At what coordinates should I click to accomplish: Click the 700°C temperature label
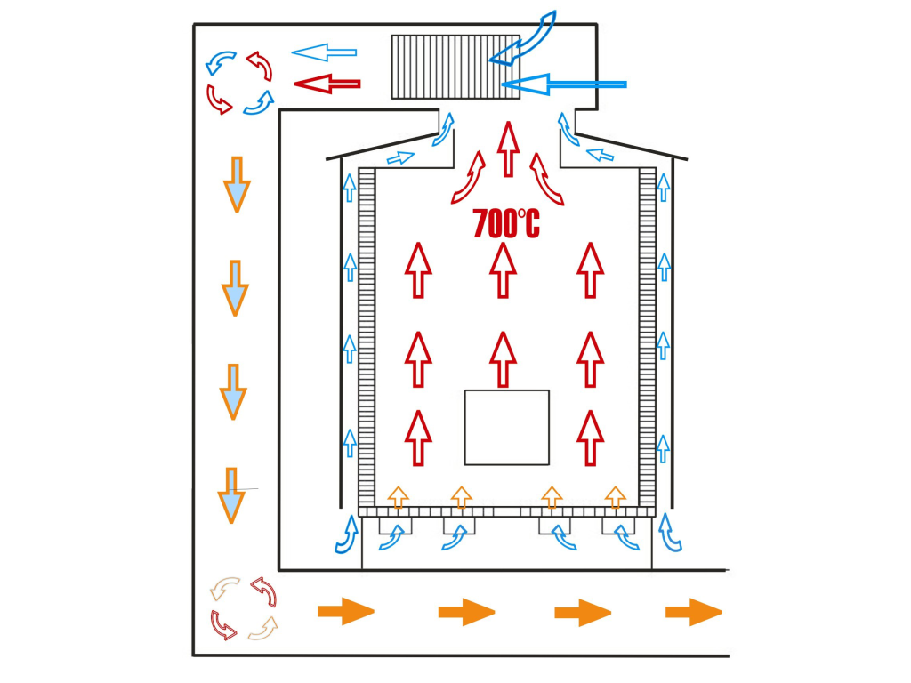pos(505,223)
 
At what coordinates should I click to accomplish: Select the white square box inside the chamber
pos(506,427)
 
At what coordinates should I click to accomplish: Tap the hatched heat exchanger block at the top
pos(454,66)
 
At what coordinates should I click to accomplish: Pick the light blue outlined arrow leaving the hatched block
pos(324,52)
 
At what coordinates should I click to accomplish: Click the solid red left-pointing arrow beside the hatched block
pos(327,84)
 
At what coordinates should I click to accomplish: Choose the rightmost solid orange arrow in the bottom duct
pos(693,612)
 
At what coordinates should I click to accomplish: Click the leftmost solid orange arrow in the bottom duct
pos(345,612)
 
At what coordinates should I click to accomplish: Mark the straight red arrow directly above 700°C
pos(508,149)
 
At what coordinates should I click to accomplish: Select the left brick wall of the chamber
pos(366,338)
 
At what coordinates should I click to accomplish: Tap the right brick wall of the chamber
pos(647,338)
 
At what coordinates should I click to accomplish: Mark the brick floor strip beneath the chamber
pos(506,512)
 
